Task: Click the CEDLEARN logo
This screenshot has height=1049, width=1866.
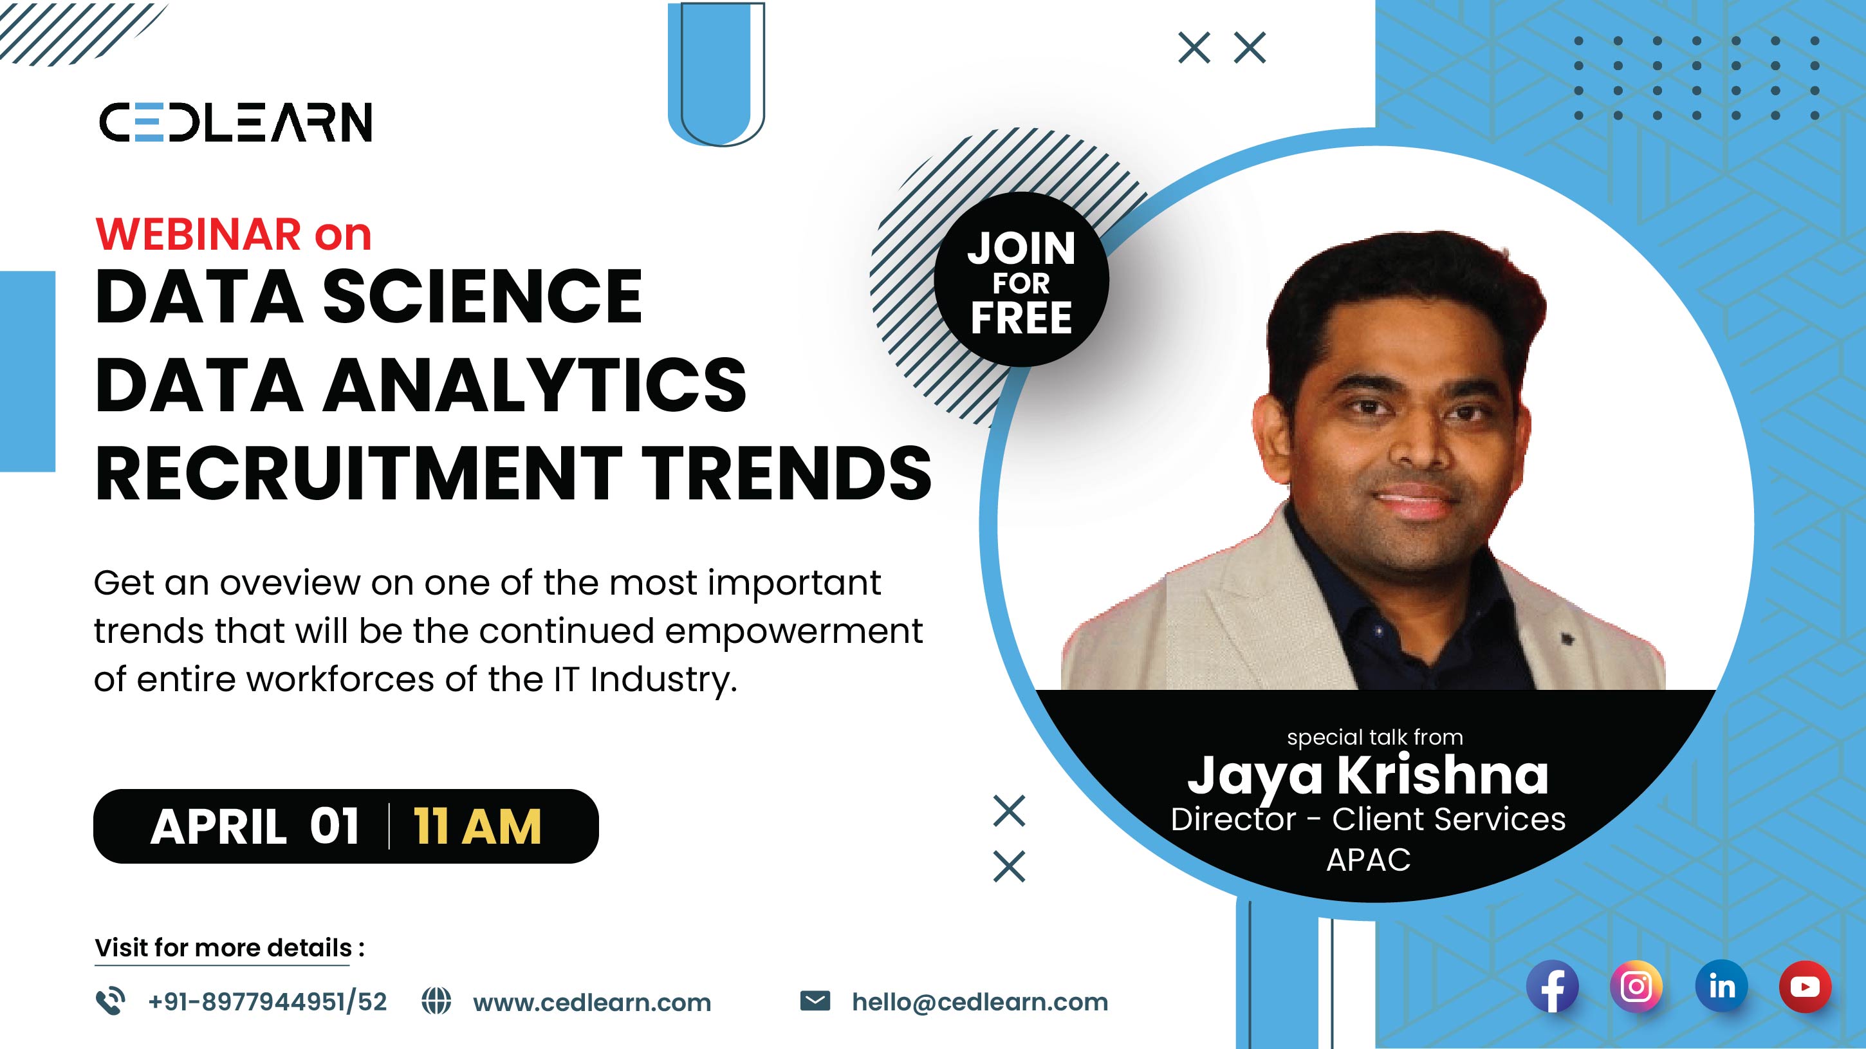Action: tap(236, 122)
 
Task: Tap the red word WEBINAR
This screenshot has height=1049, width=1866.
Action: tap(198, 235)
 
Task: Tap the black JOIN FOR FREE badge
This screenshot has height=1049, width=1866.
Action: tap(1021, 280)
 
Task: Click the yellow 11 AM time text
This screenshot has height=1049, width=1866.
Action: tap(477, 826)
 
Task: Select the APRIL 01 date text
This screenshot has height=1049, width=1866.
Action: tap(255, 826)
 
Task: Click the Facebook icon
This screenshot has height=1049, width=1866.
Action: tap(1553, 987)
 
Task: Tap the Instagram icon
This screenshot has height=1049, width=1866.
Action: tap(1636, 987)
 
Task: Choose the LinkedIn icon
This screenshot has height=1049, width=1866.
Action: tap(1721, 987)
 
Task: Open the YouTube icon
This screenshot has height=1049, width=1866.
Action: tap(1805, 987)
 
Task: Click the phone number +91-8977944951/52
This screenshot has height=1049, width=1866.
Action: tap(267, 1002)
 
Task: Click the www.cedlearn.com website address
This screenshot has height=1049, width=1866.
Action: tap(592, 1003)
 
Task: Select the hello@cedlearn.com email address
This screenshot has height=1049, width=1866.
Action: tap(980, 1002)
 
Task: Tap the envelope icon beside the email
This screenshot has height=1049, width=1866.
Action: tap(815, 1001)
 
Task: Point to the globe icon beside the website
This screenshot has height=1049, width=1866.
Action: tap(436, 1001)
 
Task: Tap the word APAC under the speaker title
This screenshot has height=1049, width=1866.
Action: tap(1369, 860)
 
